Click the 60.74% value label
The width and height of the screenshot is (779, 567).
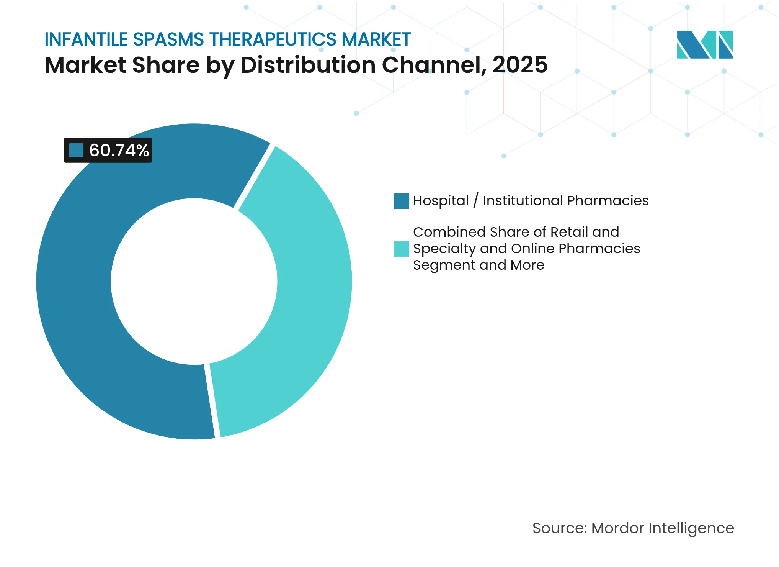point(119,150)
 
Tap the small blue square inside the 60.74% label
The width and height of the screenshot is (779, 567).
point(76,150)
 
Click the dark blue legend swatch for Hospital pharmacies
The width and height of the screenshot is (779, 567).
point(401,201)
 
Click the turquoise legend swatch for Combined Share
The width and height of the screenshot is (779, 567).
point(401,249)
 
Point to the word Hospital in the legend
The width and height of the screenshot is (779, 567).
point(441,201)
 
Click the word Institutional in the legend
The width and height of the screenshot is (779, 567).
point(523,201)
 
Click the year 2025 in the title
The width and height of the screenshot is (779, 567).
point(520,65)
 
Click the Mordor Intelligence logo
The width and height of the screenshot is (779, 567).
point(704,44)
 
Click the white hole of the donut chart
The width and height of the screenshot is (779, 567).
point(194,282)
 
